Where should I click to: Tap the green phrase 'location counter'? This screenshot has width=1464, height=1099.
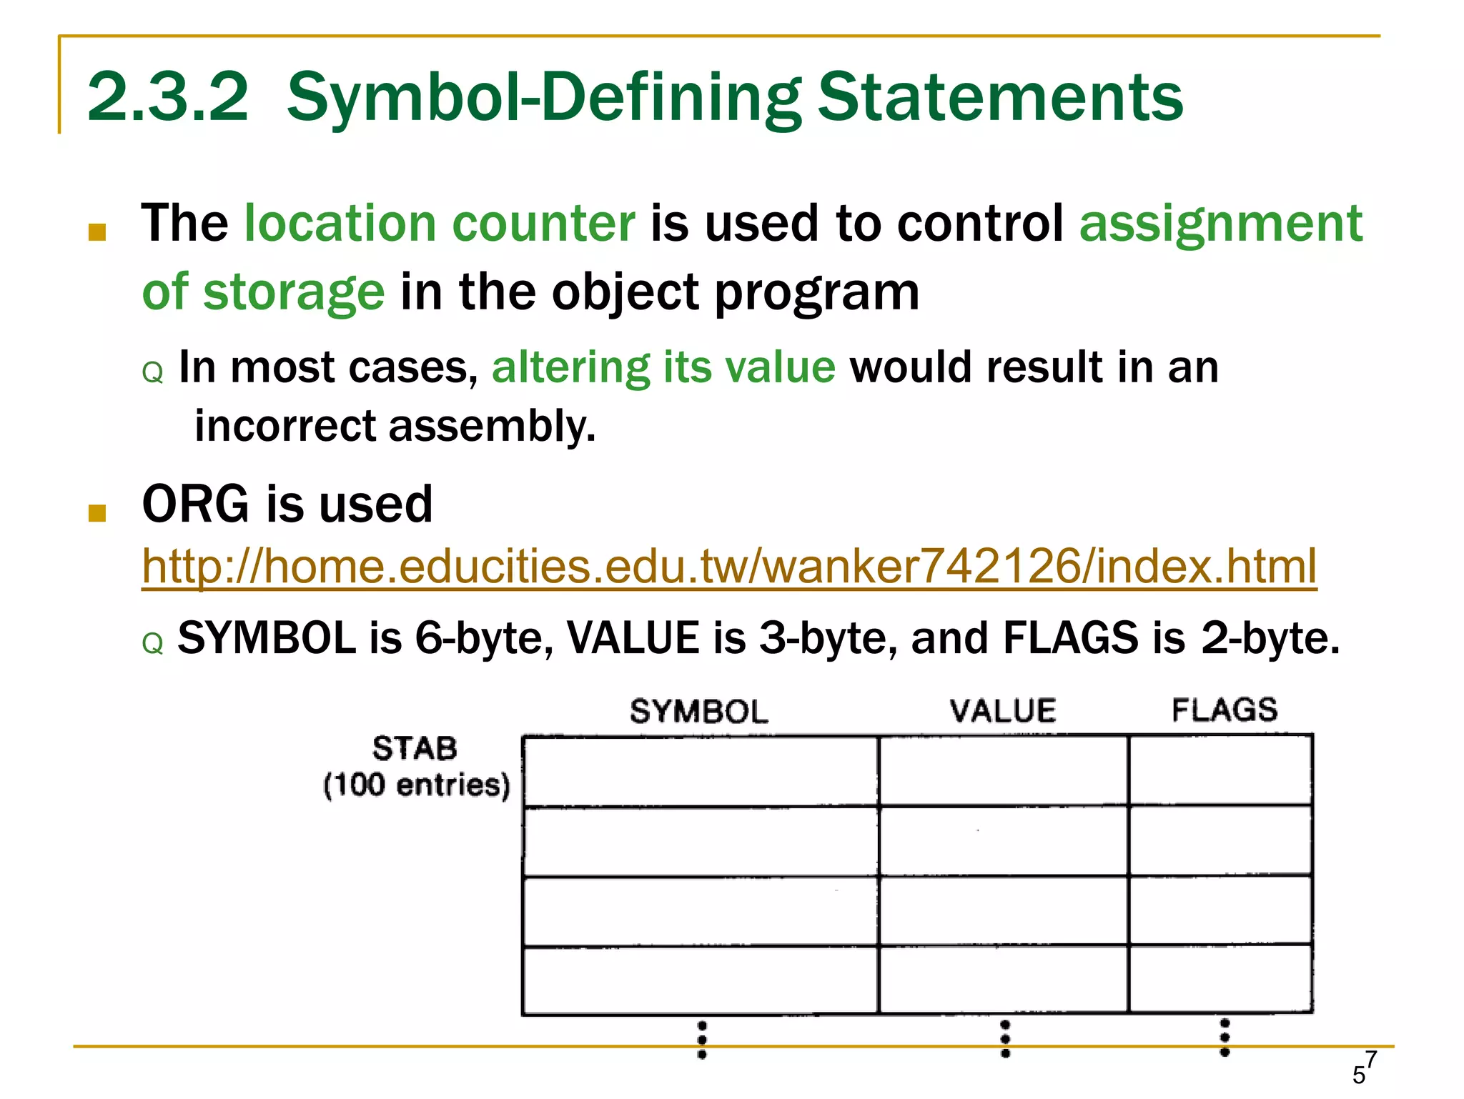[440, 223]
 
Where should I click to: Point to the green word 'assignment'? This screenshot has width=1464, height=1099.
[1221, 224]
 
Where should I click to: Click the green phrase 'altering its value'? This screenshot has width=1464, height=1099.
[663, 367]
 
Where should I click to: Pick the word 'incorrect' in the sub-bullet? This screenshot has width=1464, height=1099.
[285, 426]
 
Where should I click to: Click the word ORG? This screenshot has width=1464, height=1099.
[196, 504]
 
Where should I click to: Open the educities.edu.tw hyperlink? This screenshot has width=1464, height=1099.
[729, 566]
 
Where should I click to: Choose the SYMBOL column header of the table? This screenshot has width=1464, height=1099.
[698, 712]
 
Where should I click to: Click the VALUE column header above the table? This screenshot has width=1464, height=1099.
[1003, 711]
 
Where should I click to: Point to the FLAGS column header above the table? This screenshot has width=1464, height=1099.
[1225, 710]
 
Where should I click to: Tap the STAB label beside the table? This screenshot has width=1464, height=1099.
[415, 748]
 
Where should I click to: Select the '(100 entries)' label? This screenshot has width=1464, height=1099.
[417, 785]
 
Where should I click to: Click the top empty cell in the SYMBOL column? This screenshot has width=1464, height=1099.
[701, 772]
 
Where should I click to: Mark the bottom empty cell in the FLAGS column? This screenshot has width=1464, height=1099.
[1220, 979]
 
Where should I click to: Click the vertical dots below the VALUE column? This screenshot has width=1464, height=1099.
[1005, 1039]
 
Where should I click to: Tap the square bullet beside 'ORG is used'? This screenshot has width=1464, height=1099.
[97, 513]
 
